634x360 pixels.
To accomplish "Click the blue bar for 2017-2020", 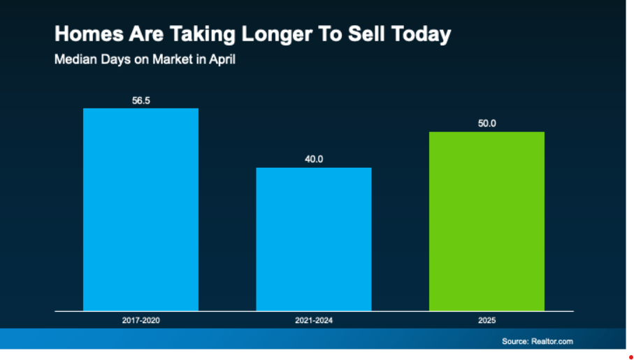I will (x=141, y=209).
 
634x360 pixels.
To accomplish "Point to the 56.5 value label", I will (x=141, y=101).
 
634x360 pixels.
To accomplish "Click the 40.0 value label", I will (x=314, y=159).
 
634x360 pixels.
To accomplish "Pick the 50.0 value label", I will (x=487, y=124).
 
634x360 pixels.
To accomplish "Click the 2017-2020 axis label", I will (x=141, y=320).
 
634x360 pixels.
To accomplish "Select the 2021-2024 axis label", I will (x=313, y=320).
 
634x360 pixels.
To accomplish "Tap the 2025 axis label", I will (x=487, y=320).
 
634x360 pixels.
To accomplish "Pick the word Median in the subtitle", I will (x=73, y=59).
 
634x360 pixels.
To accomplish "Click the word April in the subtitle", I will (x=222, y=59).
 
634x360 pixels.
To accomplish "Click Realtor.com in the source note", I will (x=552, y=341).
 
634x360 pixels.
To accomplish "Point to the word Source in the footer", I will (x=515, y=341).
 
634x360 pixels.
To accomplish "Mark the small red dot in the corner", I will (x=631, y=357).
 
